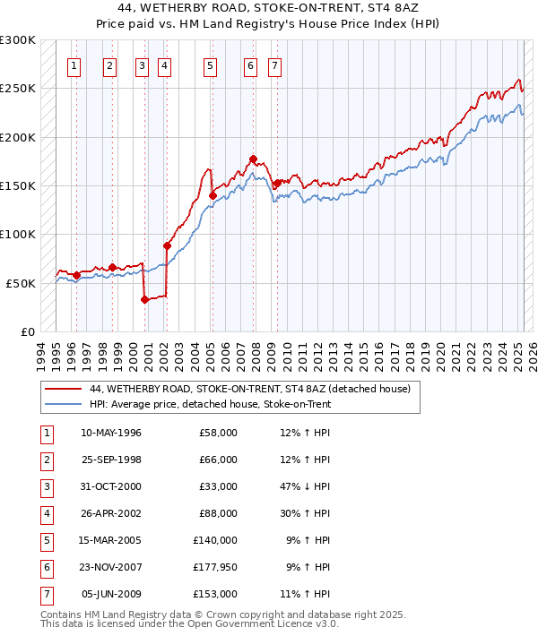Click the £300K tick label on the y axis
pyautogui.click(x=18, y=40)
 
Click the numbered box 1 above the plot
pyautogui.click(x=73, y=65)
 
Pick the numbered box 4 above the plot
pyautogui.click(x=165, y=65)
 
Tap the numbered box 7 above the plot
pyautogui.click(x=273, y=65)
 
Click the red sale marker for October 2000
pyautogui.click(x=144, y=300)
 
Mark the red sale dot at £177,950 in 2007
pyautogui.click(x=254, y=159)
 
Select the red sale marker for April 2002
pyautogui.click(x=167, y=245)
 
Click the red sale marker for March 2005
pyautogui.click(x=213, y=195)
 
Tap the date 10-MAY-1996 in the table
pyautogui.click(x=111, y=433)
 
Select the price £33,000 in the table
pyautogui.click(x=218, y=486)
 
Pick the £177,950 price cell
pyautogui.click(x=215, y=567)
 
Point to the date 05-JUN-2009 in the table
pyautogui.click(x=111, y=594)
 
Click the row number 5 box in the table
pyautogui.click(x=46, y=540)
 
